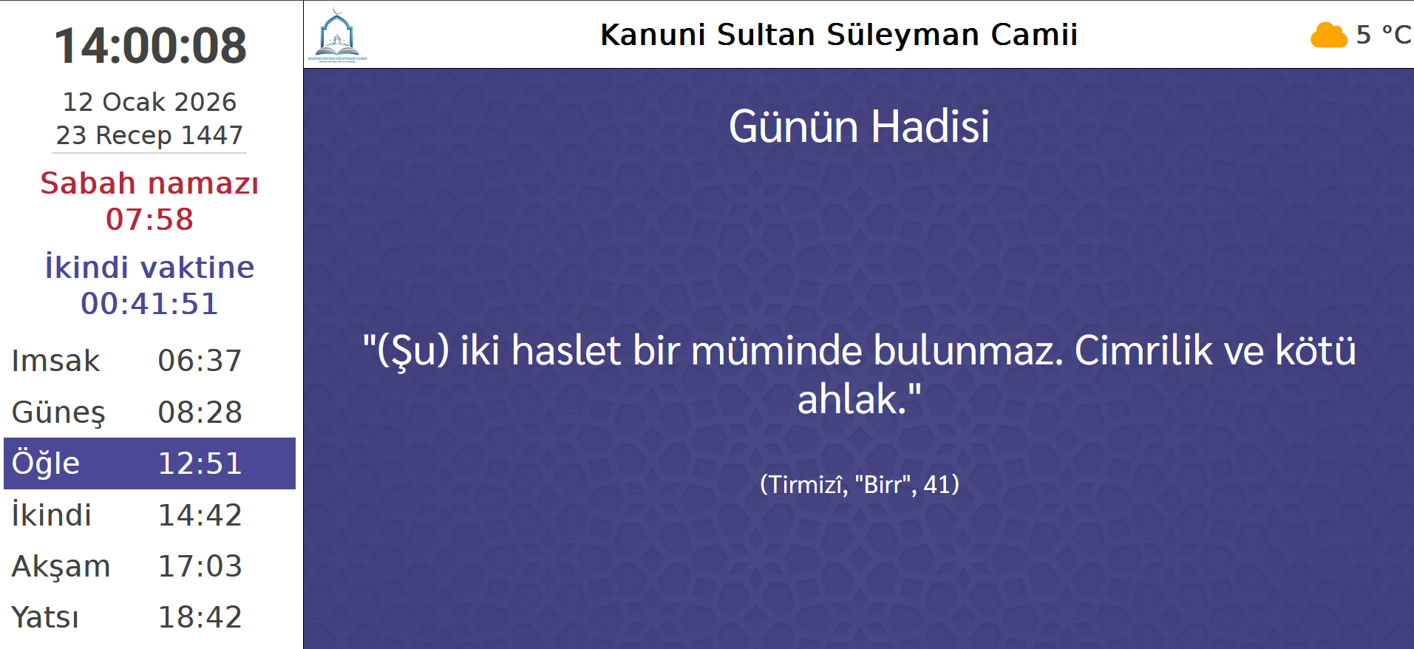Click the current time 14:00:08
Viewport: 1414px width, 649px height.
[x=150, y=45]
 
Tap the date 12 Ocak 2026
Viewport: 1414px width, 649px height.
[x=149, y=102]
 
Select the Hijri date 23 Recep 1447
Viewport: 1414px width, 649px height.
[x=149, y=135]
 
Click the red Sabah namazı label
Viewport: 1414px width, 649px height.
[x=149, y=183]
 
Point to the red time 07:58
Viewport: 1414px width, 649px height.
[x=149, y=220]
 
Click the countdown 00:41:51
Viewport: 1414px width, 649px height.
[x=149, y=304]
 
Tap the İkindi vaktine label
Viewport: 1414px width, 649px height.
[x=149, y=268]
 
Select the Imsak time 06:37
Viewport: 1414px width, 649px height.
[x=200, y=361]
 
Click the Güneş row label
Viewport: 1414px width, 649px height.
[x=58, y=412]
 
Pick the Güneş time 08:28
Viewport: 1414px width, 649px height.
[x=200, y=412]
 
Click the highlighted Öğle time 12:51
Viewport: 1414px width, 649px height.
[x=200, y=463]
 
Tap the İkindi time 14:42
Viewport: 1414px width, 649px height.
[x=200, y=515]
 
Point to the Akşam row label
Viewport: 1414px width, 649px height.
[x=61, y=566]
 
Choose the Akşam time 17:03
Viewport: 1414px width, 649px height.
[x=200, y=566]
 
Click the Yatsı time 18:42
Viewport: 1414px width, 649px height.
[x=200, y=617]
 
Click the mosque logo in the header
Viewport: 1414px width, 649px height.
[x=337, y=35]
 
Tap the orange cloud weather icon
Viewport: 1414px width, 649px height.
[x=1328, y=35]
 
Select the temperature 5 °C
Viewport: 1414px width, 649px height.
[x=1384, y=35]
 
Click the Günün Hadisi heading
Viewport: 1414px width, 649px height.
[x=859, y=126]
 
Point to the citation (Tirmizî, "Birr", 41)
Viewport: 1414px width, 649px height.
[x=859, y=485]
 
